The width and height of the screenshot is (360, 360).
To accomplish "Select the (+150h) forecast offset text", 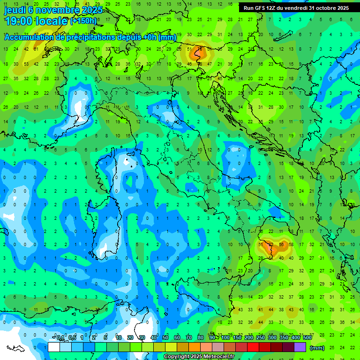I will (83, 21).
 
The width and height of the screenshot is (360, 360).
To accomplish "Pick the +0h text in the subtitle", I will (149, 37).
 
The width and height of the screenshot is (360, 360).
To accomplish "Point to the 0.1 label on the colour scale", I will (60, 338).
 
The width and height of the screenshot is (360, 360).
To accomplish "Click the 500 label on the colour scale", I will (307, 338).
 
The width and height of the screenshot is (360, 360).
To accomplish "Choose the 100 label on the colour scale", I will (225, 338).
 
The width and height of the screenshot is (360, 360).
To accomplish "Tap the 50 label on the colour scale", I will (165, 338).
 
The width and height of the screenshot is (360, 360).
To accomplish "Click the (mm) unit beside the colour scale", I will (317, 348).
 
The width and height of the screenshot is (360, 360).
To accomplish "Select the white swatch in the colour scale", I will (54, 347).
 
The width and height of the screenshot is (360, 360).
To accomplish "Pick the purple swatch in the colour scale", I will (300, 347).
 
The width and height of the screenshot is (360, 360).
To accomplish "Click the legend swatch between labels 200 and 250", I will (255, 347).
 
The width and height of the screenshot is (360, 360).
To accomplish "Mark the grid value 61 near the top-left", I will (36, 49).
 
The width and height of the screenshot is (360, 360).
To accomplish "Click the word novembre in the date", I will (57, 10).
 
